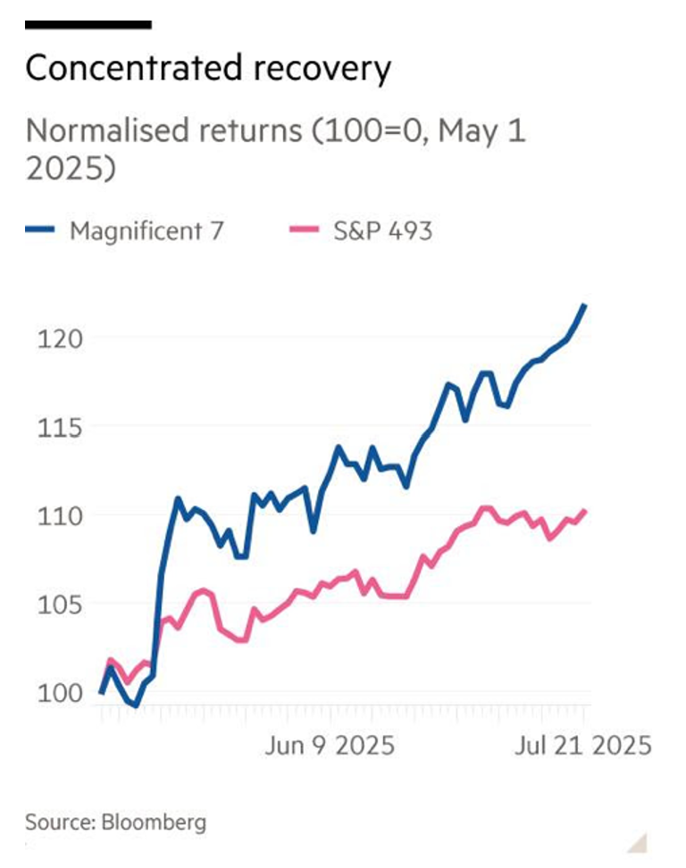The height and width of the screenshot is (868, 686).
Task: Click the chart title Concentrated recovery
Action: coord(207,69)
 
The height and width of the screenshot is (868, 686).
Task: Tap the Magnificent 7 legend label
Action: coord(146,230)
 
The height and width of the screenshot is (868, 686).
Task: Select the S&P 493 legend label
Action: coord(382,230)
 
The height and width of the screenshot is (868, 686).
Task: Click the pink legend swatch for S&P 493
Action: coord(305,231)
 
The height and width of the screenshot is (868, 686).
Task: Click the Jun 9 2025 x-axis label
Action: coord(329,745)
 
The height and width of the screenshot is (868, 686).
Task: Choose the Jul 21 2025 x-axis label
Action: coord(582,745)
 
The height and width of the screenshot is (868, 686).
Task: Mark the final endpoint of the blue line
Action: coord(586,305)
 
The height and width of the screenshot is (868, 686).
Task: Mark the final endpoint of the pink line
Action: coord(586,511)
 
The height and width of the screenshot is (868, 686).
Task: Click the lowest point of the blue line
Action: coord(136,705)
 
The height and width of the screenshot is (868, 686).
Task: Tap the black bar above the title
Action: coord(88,25)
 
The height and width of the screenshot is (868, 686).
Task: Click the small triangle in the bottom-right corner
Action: coord(636,842)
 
